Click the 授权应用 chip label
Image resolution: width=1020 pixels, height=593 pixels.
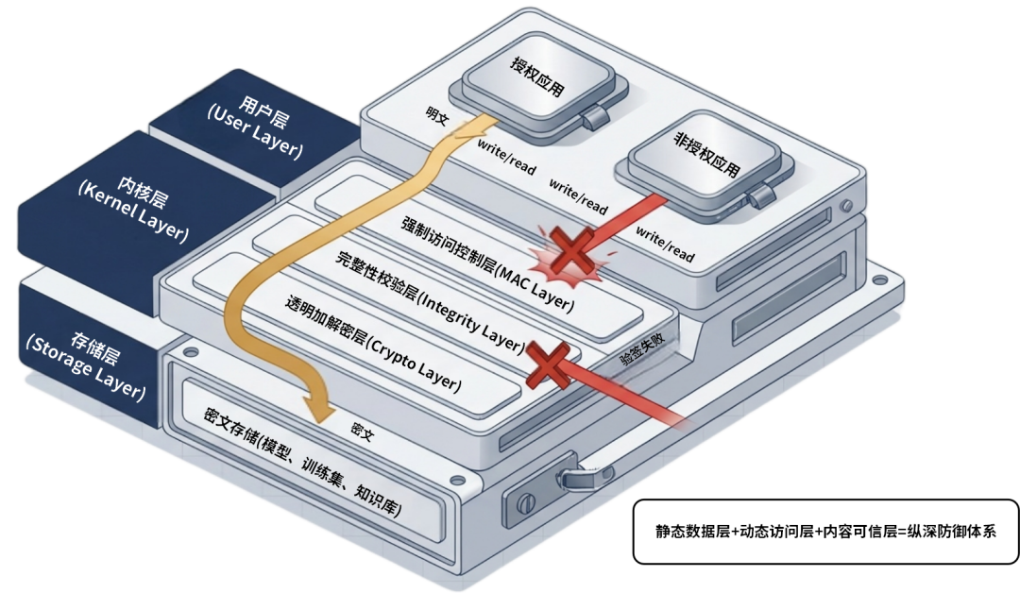[536, 78]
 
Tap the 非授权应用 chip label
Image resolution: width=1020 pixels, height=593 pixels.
[705, 156]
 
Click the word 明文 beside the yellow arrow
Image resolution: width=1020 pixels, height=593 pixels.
[438, 114]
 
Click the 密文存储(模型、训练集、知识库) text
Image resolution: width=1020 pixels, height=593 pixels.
[301, 465]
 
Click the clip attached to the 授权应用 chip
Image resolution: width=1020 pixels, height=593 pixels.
[593, 118]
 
